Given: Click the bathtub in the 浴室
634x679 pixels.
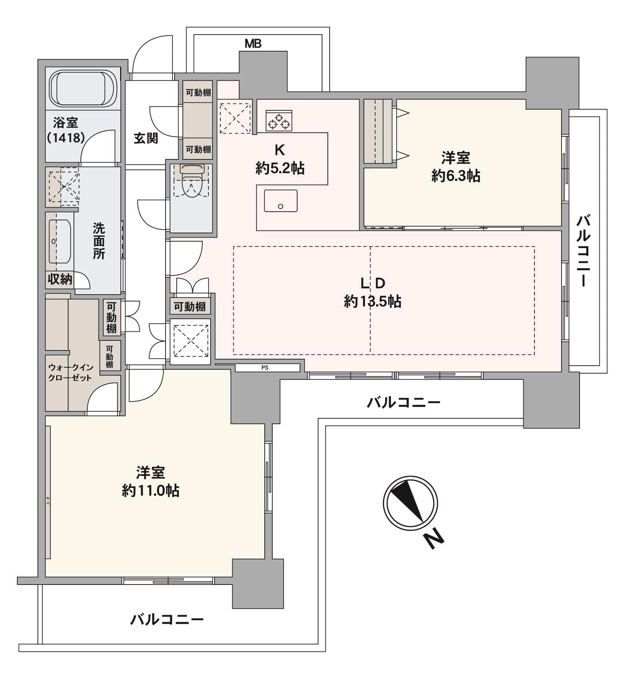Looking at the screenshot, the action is click(83, 88).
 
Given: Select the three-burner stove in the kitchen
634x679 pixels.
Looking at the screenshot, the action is click(279, 120).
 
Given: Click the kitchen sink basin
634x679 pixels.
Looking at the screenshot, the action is click(281, 201).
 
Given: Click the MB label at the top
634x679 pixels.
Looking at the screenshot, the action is click(253, 44).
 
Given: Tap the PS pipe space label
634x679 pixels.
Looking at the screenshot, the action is click(265, 368).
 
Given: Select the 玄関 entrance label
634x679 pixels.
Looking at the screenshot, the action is click(146, 138).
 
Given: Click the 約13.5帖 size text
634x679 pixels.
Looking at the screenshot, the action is click(373, 301).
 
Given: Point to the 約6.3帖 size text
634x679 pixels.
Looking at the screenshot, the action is click(455, 176).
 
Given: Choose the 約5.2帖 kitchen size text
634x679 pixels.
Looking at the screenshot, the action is click(280, 168).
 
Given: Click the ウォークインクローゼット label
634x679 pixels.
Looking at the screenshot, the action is click(70, 372).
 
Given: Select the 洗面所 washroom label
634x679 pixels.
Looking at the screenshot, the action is click(99, 241).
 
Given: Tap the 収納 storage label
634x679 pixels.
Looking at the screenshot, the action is click(60, 279).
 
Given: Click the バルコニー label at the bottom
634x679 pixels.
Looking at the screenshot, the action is click(167, 620).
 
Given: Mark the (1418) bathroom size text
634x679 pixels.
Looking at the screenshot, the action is click(66, 137).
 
